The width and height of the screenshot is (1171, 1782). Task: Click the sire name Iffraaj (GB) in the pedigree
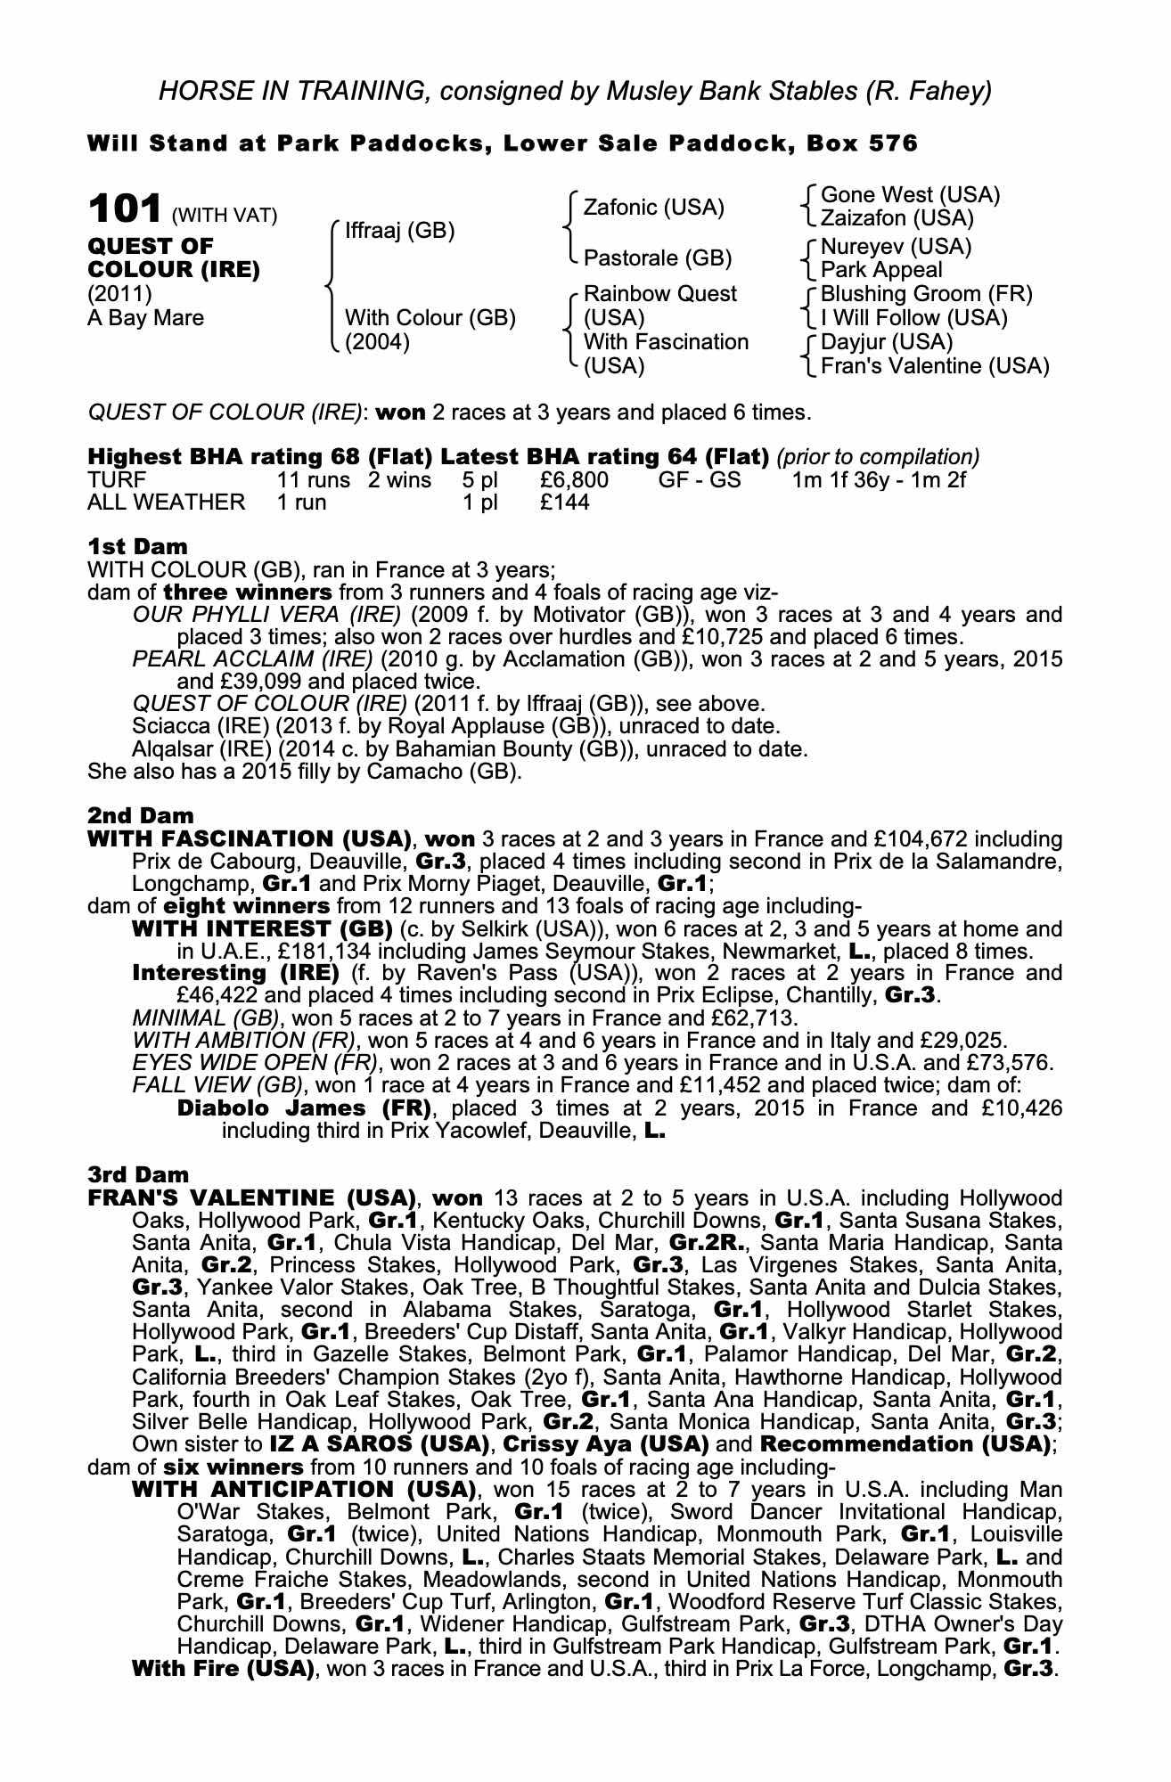point(399,232)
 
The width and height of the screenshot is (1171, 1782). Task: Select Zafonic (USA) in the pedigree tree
point(653,208)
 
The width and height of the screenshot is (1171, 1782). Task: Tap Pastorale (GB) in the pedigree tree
point(657,258)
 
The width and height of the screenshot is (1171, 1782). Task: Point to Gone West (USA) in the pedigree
point(910,195)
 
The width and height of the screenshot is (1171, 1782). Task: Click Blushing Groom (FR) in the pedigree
point(926,294)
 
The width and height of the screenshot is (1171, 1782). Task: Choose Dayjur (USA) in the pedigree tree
point(886,342)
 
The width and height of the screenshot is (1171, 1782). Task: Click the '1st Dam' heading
point(137,546)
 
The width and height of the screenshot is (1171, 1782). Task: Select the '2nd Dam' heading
point(140,815)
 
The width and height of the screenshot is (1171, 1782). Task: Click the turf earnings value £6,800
point(574,481)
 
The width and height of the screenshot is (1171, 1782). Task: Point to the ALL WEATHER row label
point(166,503)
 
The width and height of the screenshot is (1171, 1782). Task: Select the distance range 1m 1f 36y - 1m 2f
point(879,481)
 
